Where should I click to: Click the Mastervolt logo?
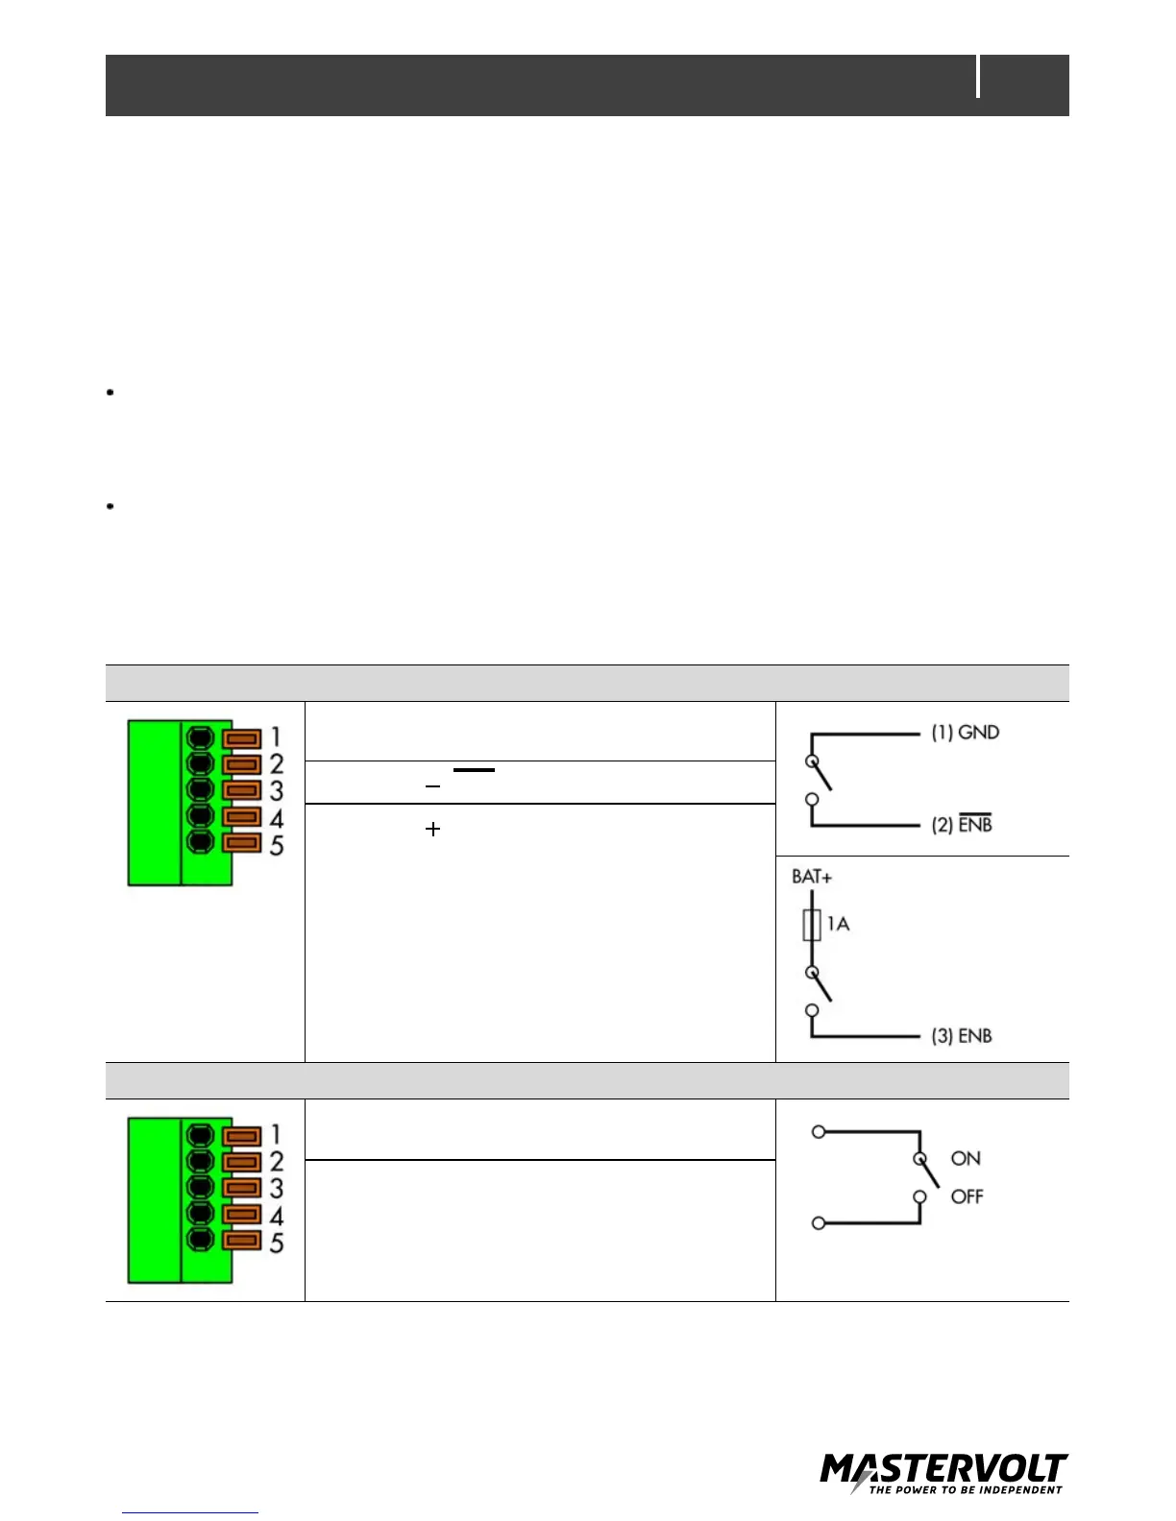coord(943,1473)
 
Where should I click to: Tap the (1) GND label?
coord(965,733)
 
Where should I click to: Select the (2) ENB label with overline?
coord(962,824)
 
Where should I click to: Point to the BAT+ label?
coord(812,877)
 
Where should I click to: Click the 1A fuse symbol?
coord(812,925)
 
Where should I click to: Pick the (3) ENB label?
coord(961,1036)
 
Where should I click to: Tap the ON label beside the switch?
coord(966,1159)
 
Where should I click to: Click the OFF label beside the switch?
coord(968,1196)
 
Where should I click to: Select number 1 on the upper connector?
coord(276,736)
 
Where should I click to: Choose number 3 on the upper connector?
coord(277,791)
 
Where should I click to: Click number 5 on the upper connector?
coord(277,846)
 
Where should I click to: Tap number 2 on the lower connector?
coord(277,1161)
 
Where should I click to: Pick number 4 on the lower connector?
coord(277,1216)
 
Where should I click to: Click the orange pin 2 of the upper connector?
coord(242,764)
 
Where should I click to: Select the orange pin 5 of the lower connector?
coord(242,1241)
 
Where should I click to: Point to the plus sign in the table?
coord(432,829)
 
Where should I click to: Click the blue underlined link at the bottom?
coord(190,1512)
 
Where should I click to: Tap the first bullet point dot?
coord(111,392)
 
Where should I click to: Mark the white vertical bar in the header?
coord(978,77)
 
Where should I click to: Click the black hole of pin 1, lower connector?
coord(200,1136)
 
